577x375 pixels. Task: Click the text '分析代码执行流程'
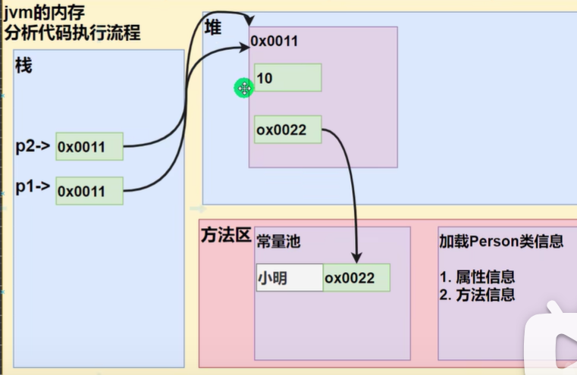point(71,33)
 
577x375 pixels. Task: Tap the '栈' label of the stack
point(24,66)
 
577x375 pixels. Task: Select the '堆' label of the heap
point(215,28)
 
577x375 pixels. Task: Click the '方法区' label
point(225,234)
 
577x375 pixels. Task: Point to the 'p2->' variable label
point(33,146)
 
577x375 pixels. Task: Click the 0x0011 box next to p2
point(89,145)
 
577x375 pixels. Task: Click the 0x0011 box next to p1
point(89,191)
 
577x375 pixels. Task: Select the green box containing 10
point(287,77)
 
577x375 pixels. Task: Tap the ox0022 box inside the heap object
point(287,130)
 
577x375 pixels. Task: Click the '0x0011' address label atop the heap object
point(274,41)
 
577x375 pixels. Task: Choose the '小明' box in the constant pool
point(289,278)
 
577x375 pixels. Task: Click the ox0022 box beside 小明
point(356,278)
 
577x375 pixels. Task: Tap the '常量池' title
point(280,241)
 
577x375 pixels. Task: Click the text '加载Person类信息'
point(501,241)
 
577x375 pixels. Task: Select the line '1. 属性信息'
point(477,277)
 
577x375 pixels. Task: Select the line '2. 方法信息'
point(477,295)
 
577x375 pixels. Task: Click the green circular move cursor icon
point(244,89)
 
